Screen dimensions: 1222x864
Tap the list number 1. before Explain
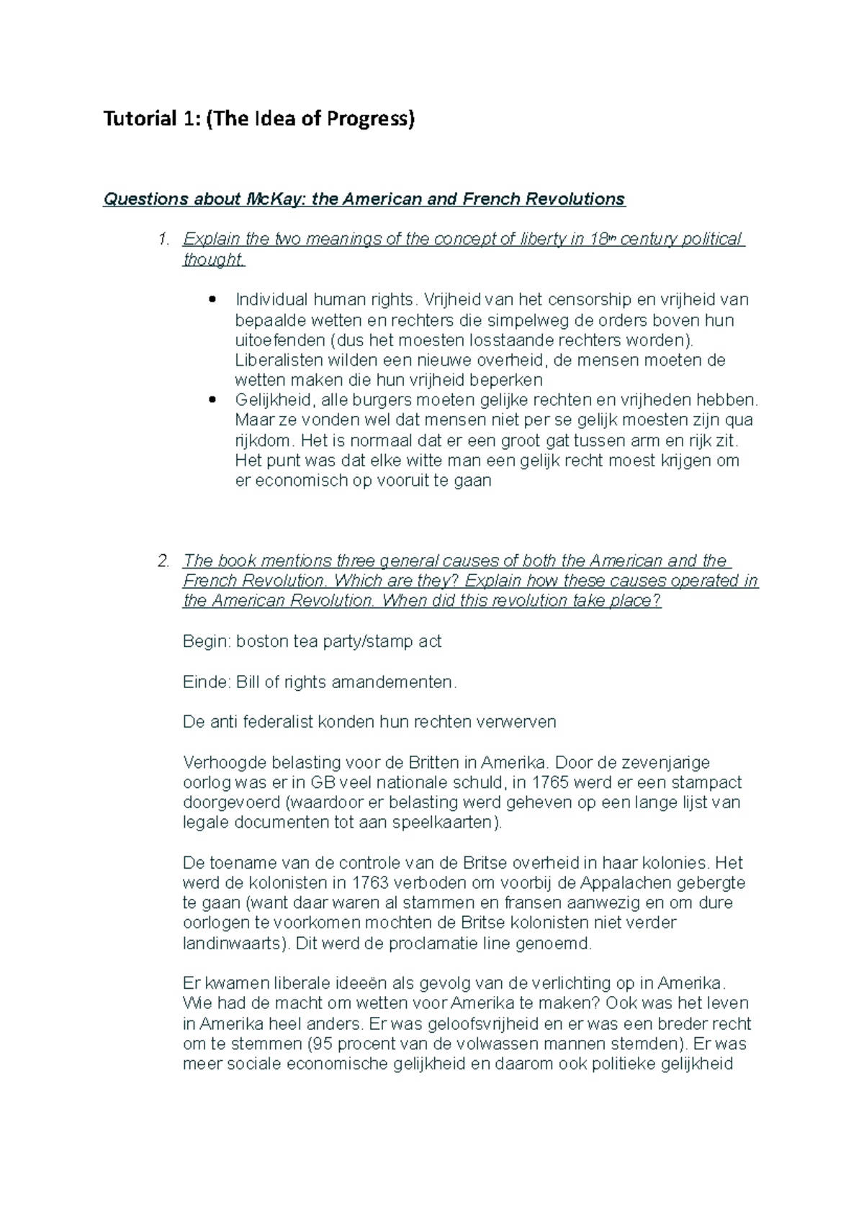click(164, 239)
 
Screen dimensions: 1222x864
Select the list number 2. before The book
click(163, 561)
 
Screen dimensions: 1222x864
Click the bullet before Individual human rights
click(211, 299)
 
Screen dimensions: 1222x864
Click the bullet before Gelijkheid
click(211, 400)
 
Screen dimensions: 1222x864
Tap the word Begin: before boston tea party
click(207, 641)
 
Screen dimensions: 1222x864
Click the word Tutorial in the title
click(137, 119)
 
